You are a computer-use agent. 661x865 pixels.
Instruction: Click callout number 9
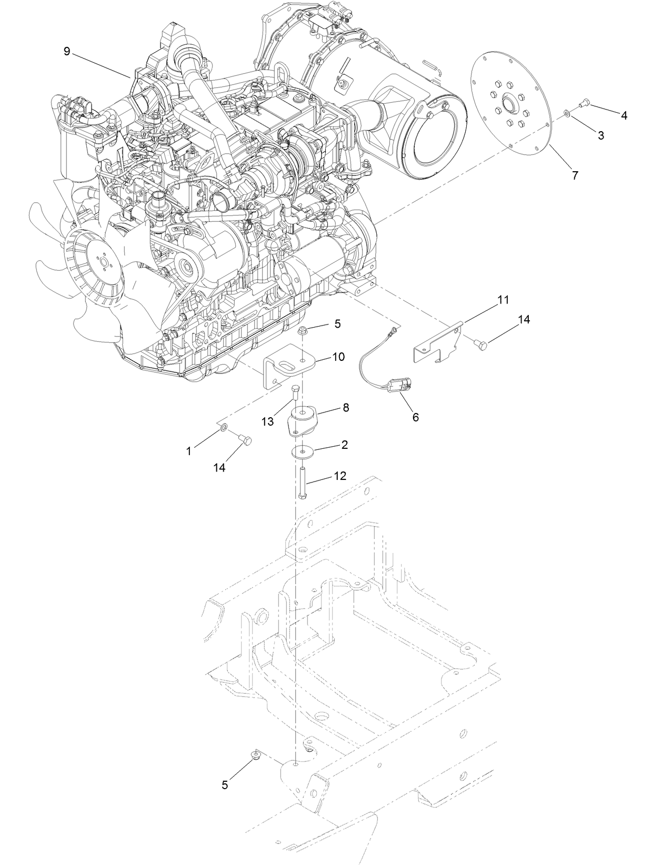pyautogui.click(x=66, y=51)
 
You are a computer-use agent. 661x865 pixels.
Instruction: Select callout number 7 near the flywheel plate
pyautogui.click(x=575, y=175)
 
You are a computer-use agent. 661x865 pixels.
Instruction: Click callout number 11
pyautogui.click(x=503, y=300)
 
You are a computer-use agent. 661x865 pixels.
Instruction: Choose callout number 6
pyautogui.click(x=415, y=417)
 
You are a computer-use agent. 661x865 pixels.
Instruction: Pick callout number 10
pyautogui.click(x=338, y=357)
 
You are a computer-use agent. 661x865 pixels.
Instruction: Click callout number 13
pyautogui.click(x=267, y=421)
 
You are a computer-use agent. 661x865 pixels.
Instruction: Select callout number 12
pyautogui.click(x=339, y=476)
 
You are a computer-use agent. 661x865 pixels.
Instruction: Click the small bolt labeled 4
pyautogui.click(x=570, y=103)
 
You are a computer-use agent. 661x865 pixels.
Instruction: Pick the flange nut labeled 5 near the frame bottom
pyautogui.click(x=255, y=756)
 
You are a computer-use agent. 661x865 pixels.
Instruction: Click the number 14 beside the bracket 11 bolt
pyautogui.click(x=524, y=320)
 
